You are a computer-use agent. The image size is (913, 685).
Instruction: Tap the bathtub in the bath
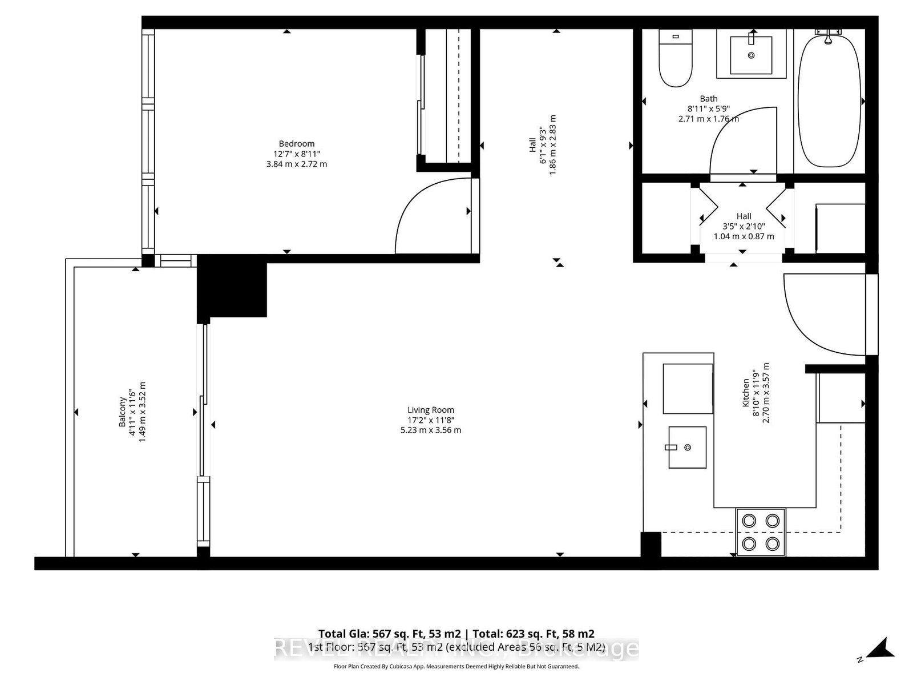tap(829, 103)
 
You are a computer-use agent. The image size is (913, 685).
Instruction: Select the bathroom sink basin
tap(751, 55)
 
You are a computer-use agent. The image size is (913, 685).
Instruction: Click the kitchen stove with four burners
tap(761, 531)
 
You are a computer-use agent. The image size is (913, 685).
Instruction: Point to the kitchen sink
tap(687, 447)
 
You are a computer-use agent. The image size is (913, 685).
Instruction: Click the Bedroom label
tap(296, 144)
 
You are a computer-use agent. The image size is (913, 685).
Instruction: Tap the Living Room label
tap(431, 410)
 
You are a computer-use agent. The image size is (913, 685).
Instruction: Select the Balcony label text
tap(122, 412)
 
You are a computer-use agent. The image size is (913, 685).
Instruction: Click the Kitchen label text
tap(745, 393)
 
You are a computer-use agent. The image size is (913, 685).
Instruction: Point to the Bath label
tap(709, 99)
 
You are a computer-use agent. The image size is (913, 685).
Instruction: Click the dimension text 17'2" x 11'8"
tap(431, 420)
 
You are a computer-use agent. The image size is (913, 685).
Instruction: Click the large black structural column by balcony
tap(232, 288)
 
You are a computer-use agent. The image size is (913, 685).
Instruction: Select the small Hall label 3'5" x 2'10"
tap(744, 226)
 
